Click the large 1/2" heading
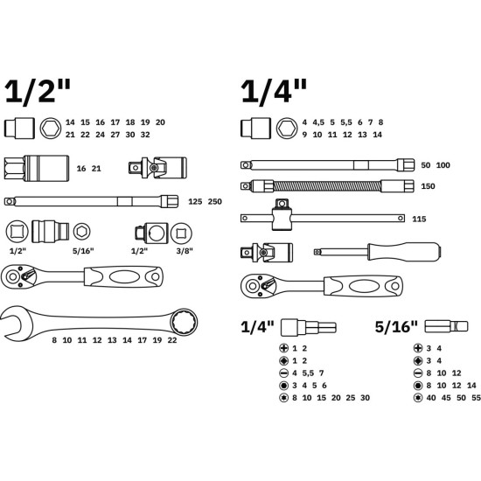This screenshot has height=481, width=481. (38, 91)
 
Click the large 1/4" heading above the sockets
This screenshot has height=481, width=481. (274, 91)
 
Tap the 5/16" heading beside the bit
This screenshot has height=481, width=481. (396, 327)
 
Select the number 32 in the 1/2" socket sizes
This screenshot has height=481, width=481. (145, 135)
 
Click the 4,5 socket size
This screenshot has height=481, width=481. (318, 122)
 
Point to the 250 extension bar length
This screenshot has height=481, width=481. (215, 201)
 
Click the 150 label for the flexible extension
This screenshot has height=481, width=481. (428, 186)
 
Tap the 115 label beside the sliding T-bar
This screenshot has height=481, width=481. (419, 219)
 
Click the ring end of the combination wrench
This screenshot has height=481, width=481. (184, 322)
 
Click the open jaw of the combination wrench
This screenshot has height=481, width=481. (12, 322)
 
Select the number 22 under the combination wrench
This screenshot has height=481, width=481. (172, 340)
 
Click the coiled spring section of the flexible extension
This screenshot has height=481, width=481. (327, 186)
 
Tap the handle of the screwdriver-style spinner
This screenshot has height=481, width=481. (404, 252)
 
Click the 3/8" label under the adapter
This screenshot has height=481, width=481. (185, 251)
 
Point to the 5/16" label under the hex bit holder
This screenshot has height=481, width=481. (83, 251)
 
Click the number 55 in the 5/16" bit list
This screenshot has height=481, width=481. (476, 398)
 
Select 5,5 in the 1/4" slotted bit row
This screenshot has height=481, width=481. (308, 373)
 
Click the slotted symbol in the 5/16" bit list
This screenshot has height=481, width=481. (418, 373)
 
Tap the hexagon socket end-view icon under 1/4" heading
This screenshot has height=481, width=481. (287, 129)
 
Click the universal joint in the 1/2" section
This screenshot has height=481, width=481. (157, 168)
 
